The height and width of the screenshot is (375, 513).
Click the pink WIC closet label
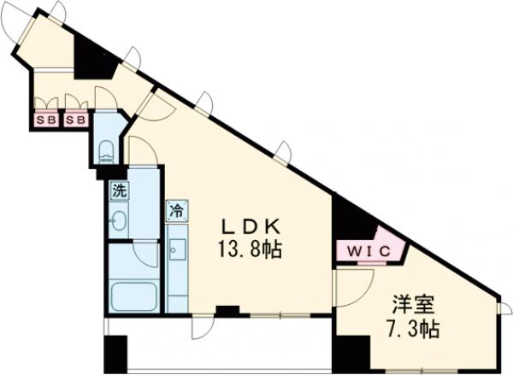pyautogui.click(x=369, y=251)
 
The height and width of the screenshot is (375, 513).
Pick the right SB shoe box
pyautogui.click(x=76, y=120)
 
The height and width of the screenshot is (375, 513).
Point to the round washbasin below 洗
pyautogui.click(x=119, y=225)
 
